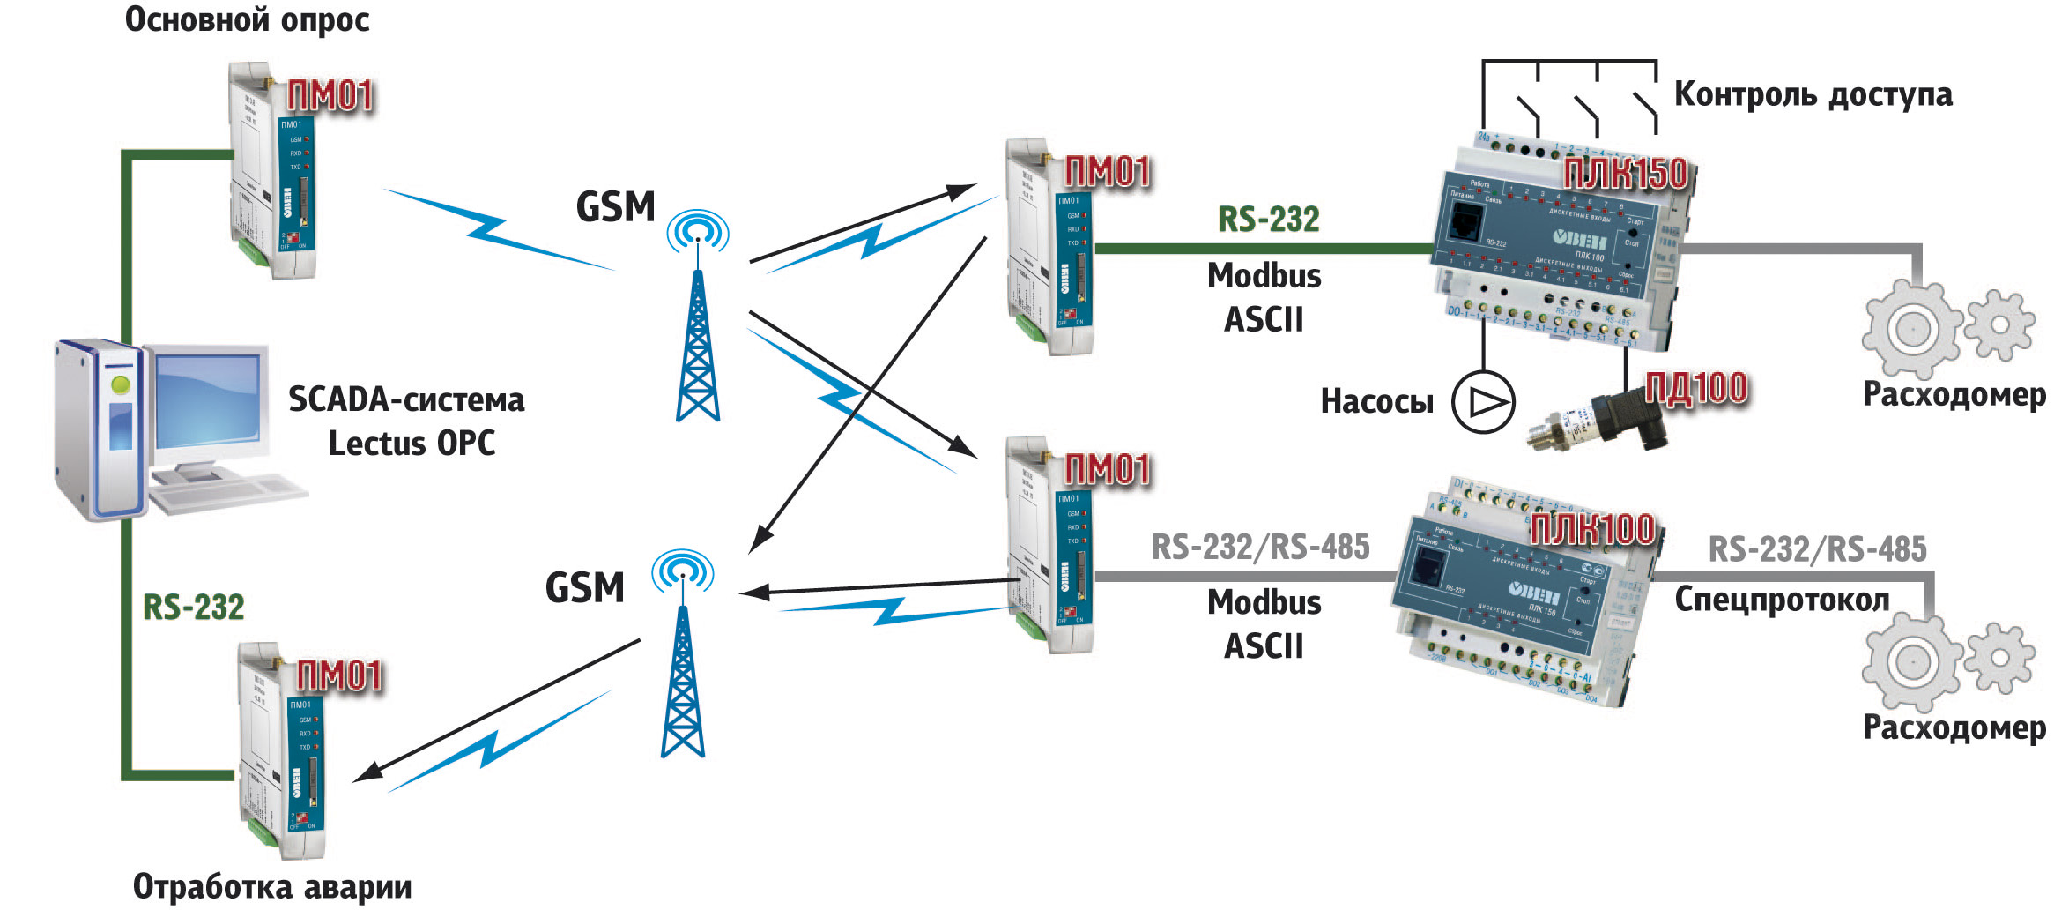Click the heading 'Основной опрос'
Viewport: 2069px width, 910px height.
247,19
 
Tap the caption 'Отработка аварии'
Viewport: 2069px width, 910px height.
272,886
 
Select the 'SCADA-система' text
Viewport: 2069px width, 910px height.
406,399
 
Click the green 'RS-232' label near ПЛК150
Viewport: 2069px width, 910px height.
1269,220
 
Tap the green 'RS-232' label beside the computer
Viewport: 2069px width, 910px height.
194,607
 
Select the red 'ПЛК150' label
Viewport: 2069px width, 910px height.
1626,174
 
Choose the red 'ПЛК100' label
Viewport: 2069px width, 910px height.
1592,529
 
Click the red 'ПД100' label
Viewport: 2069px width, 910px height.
1696,389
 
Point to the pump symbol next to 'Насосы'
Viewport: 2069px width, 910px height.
1483,403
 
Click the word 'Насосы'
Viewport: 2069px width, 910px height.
1377,402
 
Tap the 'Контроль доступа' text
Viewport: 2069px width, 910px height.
1813,94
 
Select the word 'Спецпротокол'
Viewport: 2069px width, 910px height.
1782,600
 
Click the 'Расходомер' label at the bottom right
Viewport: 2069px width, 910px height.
1954,727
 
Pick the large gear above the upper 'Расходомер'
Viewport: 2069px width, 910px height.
1912,329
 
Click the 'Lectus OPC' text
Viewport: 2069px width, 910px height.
412,443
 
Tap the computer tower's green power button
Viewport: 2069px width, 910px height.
121,384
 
